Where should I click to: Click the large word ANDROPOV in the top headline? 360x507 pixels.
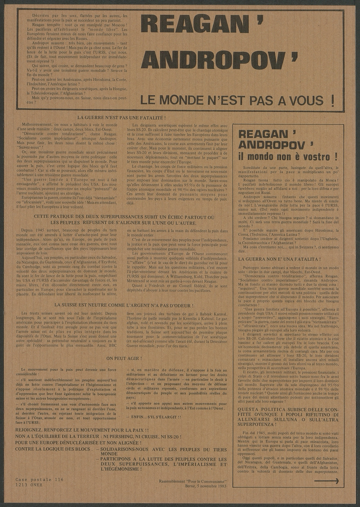213,60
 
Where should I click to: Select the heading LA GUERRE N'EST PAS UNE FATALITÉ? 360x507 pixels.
122,118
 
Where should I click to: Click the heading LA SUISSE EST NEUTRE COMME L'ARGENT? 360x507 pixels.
124,305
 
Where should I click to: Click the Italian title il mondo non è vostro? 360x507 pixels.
288,157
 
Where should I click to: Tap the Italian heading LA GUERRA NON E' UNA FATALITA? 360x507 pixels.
279,259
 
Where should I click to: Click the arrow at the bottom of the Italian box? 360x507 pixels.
327,481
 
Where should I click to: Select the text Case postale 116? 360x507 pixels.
40,479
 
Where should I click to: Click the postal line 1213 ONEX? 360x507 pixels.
33,485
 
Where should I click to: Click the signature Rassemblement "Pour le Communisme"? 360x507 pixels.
193,481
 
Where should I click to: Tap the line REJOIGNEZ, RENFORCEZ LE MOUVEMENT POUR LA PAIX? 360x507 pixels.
82,430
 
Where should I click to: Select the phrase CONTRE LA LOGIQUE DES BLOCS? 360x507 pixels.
54,449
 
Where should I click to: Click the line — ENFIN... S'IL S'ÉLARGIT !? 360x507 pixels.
153,417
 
